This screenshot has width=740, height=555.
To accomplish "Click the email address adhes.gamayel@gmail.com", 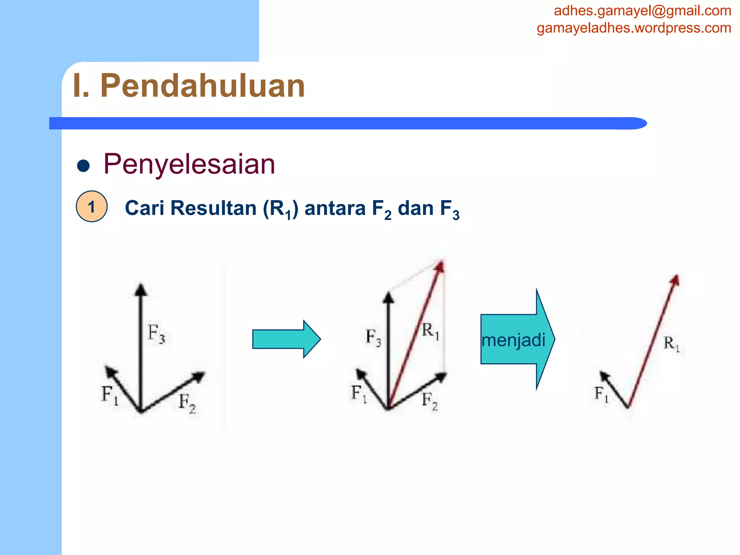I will point(642,11).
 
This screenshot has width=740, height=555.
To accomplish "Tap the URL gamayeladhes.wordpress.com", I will point(634,28).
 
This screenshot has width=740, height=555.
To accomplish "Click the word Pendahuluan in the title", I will point(202,86).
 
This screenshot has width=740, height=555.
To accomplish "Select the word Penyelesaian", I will point(189,164).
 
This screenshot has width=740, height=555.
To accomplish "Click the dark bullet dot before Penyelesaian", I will point(83,166).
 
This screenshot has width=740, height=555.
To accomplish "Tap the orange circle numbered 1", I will point(91,207).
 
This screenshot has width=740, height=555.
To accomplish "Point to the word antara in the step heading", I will point(335,208).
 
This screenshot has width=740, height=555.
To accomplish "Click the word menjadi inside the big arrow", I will point(513,340).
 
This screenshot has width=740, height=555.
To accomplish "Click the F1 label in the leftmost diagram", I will point(110,395).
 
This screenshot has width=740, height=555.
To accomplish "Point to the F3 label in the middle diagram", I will point(373,337).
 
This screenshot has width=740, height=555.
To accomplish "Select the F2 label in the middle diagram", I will point(430,401).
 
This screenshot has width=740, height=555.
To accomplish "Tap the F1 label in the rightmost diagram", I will point(601,393).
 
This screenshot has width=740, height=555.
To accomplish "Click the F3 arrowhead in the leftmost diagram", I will point(141,289).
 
